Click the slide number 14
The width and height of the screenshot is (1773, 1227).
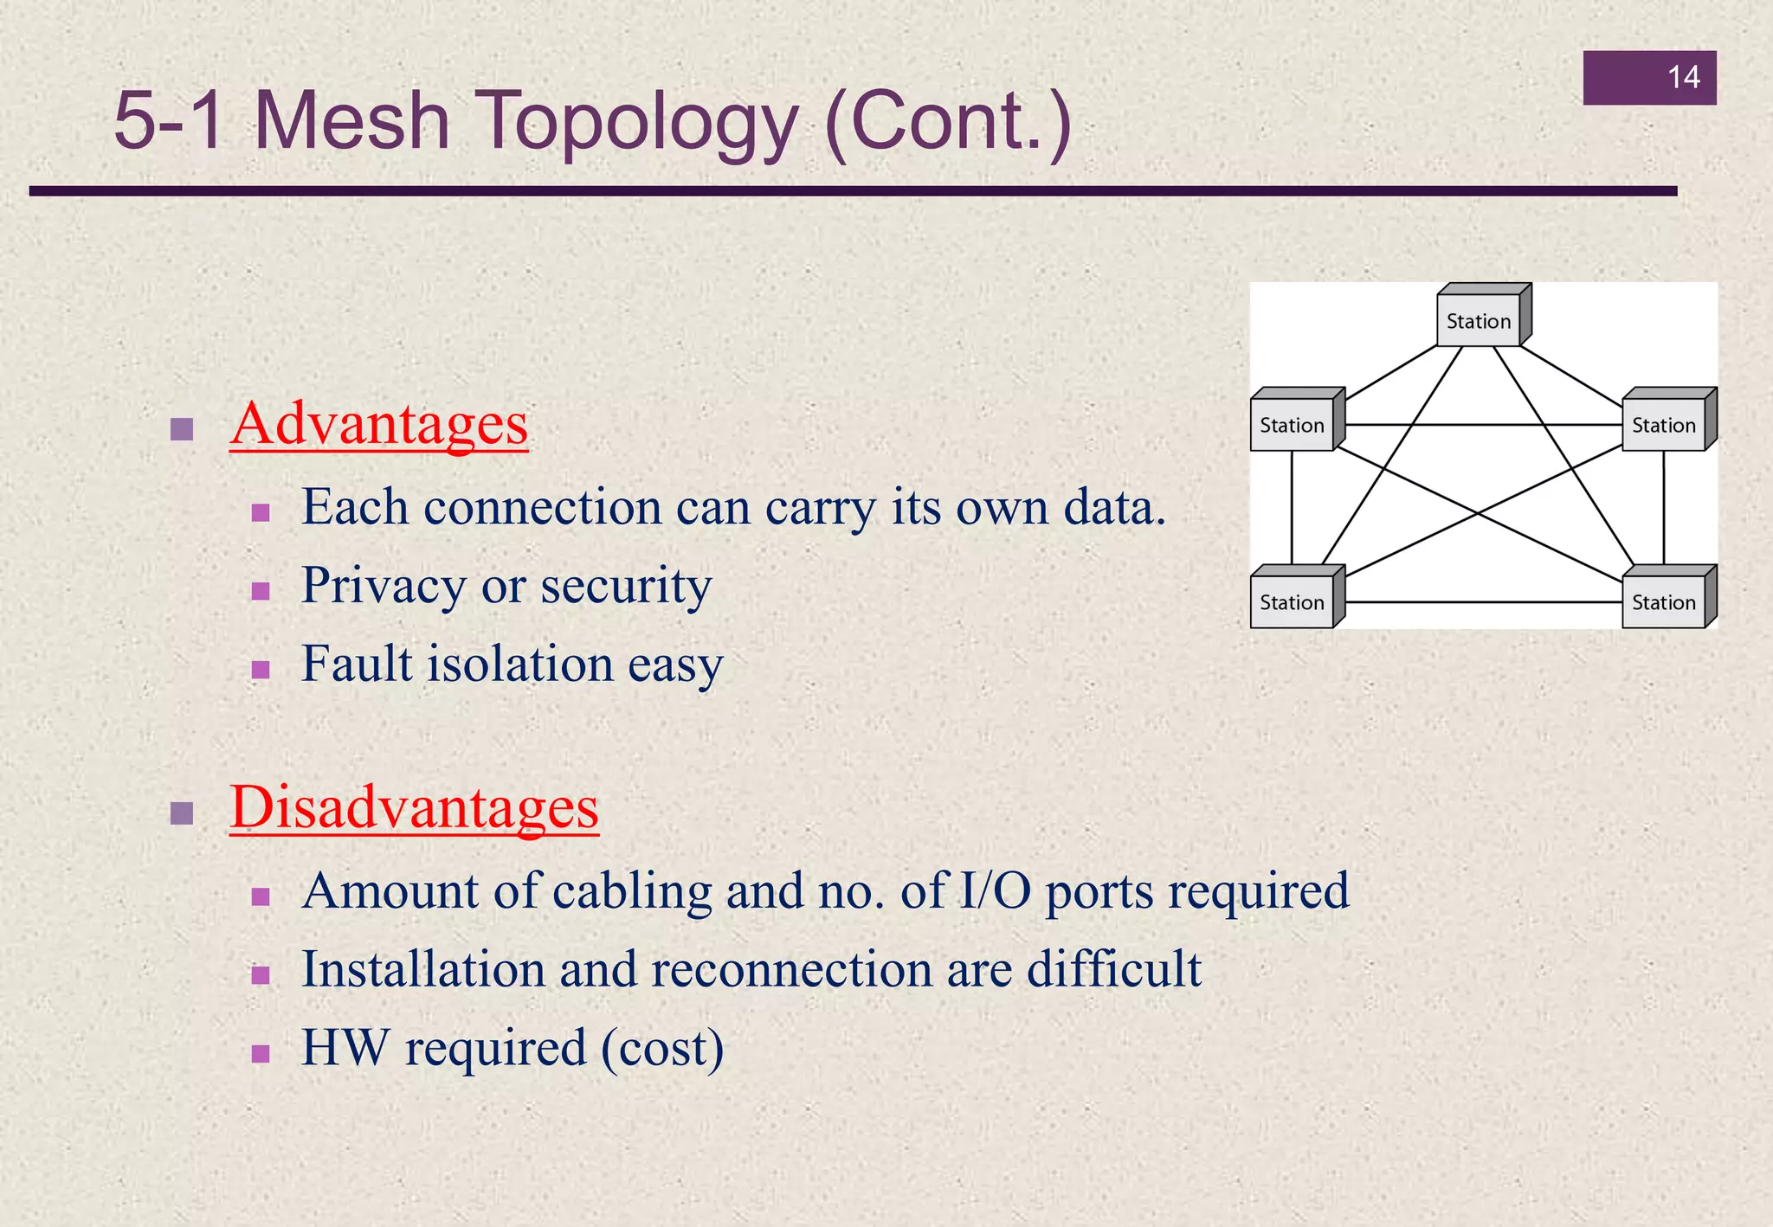(x=1683, y=78)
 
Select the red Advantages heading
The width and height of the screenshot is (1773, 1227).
(x=379, y=424)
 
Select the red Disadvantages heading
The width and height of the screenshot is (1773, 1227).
(x=414, y=806)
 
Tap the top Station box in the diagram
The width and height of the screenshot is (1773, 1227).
(x=1479, y=321)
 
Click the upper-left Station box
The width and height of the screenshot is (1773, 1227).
(x=1292, y=425)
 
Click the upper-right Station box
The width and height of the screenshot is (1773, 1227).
(x=1663, y=425)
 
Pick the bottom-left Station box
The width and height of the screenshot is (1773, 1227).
(x=1292, y=602)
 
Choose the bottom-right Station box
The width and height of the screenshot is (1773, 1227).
(x=1663, y=602)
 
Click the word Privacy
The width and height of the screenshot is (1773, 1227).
(x=383, y=587)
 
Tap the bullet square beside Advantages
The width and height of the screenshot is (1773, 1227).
(x=182, y=429)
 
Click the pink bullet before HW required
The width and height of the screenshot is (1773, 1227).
(x=261, y=1053)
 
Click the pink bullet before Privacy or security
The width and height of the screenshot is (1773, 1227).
(x=261, y=592)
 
